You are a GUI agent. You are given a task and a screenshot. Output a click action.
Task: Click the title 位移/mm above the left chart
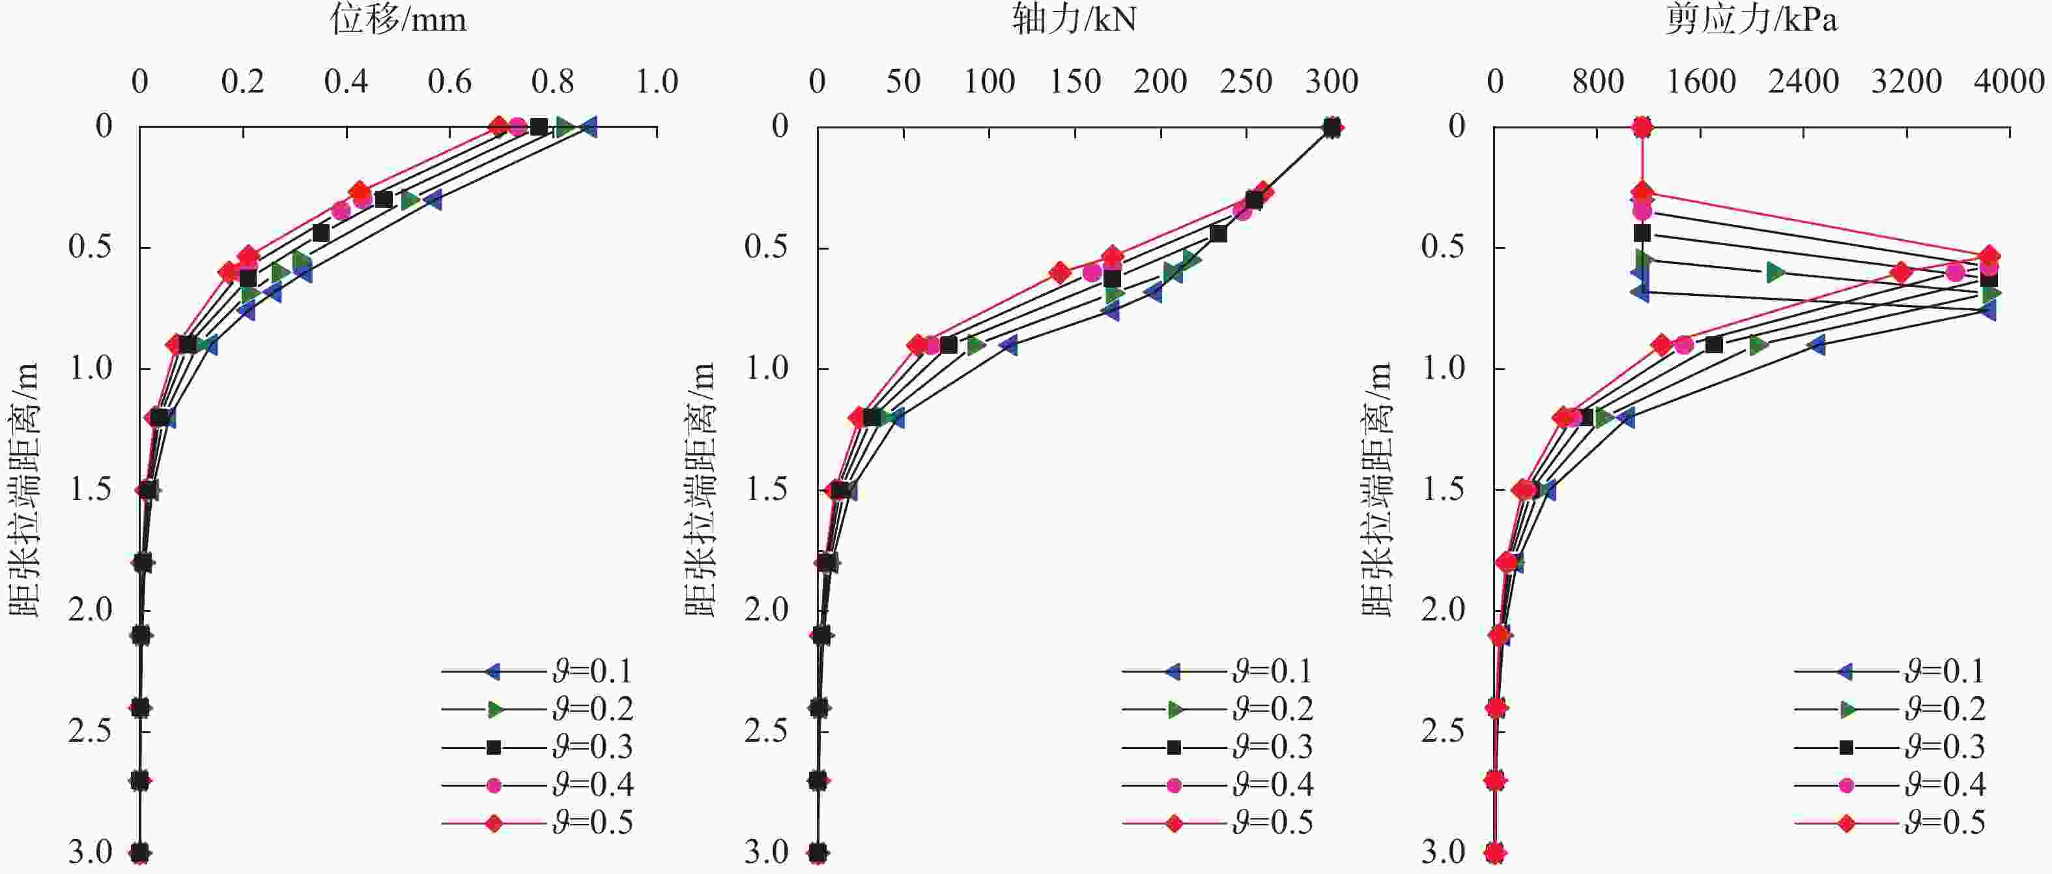pos(398,19)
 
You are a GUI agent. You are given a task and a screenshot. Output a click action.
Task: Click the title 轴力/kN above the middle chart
pos(1074,19)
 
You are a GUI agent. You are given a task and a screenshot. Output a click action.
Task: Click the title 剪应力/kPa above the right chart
pos(1751,19)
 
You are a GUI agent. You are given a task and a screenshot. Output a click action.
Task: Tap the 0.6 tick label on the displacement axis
pos(449,81)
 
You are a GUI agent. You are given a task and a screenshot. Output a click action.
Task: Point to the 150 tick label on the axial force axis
pos(1075,81)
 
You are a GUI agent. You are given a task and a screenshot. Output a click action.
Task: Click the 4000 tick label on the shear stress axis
pos(2009,81)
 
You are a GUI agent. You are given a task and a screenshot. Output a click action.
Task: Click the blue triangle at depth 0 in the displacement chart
pos(589,126)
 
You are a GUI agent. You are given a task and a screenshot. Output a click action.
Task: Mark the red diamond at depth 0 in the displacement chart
pos(498,126)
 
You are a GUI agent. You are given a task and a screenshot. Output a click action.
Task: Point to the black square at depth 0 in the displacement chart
pos(539,126)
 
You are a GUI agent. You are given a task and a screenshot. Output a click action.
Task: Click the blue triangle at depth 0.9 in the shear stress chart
pos(1816,345)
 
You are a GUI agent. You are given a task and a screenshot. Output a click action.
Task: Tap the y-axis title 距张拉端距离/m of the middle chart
pos(700,489)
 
